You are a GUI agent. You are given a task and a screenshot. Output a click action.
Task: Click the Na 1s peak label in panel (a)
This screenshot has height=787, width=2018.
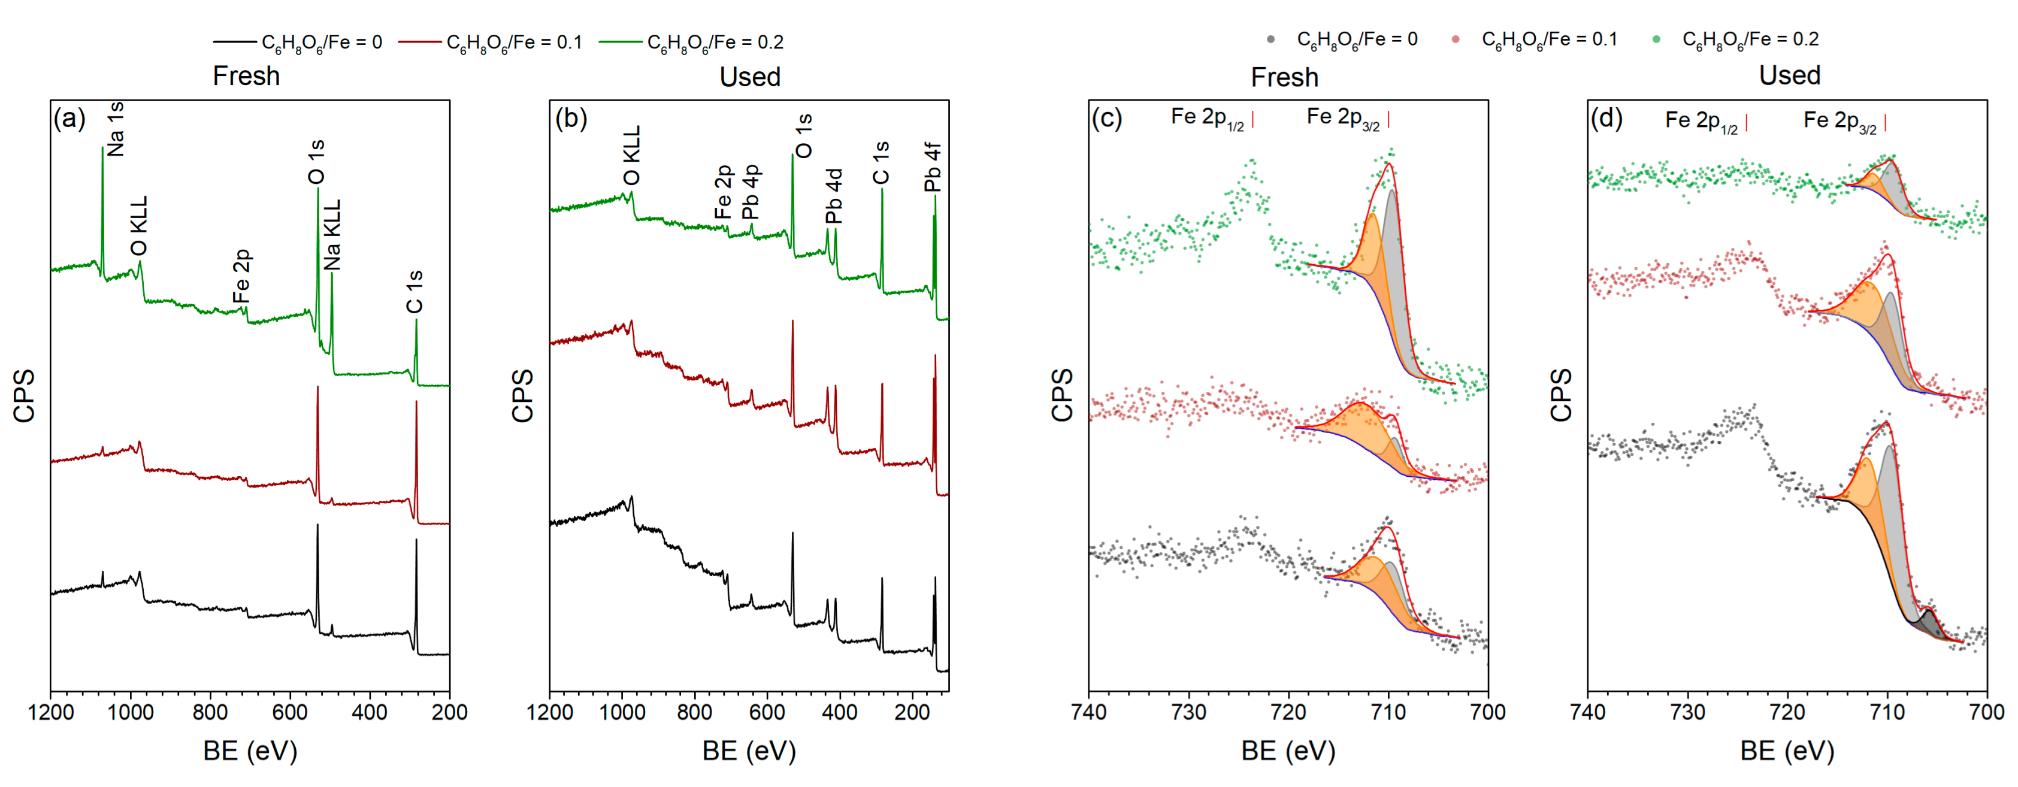115,129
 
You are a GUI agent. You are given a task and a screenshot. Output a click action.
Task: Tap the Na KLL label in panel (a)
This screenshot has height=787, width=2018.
332,234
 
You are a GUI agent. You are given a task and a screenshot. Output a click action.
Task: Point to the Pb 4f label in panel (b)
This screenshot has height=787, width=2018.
932,167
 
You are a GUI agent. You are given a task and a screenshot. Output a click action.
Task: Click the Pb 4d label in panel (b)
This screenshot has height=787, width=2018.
834,196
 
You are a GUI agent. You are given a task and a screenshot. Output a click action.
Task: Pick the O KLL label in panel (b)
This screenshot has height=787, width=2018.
631,155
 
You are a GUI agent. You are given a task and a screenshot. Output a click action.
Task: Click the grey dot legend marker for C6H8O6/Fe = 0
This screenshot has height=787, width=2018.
1270,39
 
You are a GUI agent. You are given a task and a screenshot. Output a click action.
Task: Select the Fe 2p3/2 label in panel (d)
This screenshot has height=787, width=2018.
1840,122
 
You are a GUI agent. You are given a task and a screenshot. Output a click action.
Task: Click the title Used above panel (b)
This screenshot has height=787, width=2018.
750,77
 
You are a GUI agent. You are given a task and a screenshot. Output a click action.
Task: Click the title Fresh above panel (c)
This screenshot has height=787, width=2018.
1284,77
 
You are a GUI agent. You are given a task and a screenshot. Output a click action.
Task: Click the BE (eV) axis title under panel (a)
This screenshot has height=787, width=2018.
250,751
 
